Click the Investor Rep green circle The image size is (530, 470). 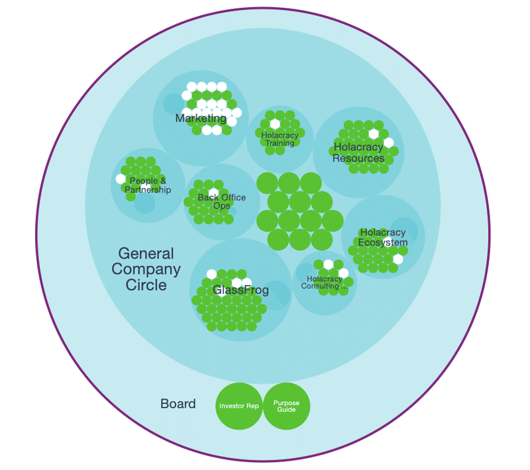[x=239, y=406]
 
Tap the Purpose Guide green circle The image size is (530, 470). [x=287, y=406]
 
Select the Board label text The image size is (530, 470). [x=178, y=404]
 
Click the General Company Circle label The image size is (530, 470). [x=146, y=269]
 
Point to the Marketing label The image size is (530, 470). [x=201, y=119]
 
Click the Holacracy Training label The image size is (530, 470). [x=280, y=139]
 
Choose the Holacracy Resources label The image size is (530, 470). [x=358, y=152]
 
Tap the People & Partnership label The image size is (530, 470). [x=148, y=186]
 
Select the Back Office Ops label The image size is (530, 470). [x=222, y=202]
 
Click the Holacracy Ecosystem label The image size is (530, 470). [x=383, y=237]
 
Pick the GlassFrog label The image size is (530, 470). [x=240, y=290]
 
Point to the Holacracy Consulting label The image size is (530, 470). [x=325, y=282]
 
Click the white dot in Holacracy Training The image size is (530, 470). [x=275, y=124]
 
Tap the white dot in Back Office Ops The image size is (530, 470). [x=213, y=194]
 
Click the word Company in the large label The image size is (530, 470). [x=146, y=269]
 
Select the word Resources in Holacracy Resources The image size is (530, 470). [x=358, y=158]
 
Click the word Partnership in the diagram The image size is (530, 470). [x=148, y=190]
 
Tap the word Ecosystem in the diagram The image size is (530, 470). [x=383, y=243]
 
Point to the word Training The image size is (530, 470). [x=280, y=143]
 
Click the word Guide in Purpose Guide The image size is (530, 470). [x=287, y=410]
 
